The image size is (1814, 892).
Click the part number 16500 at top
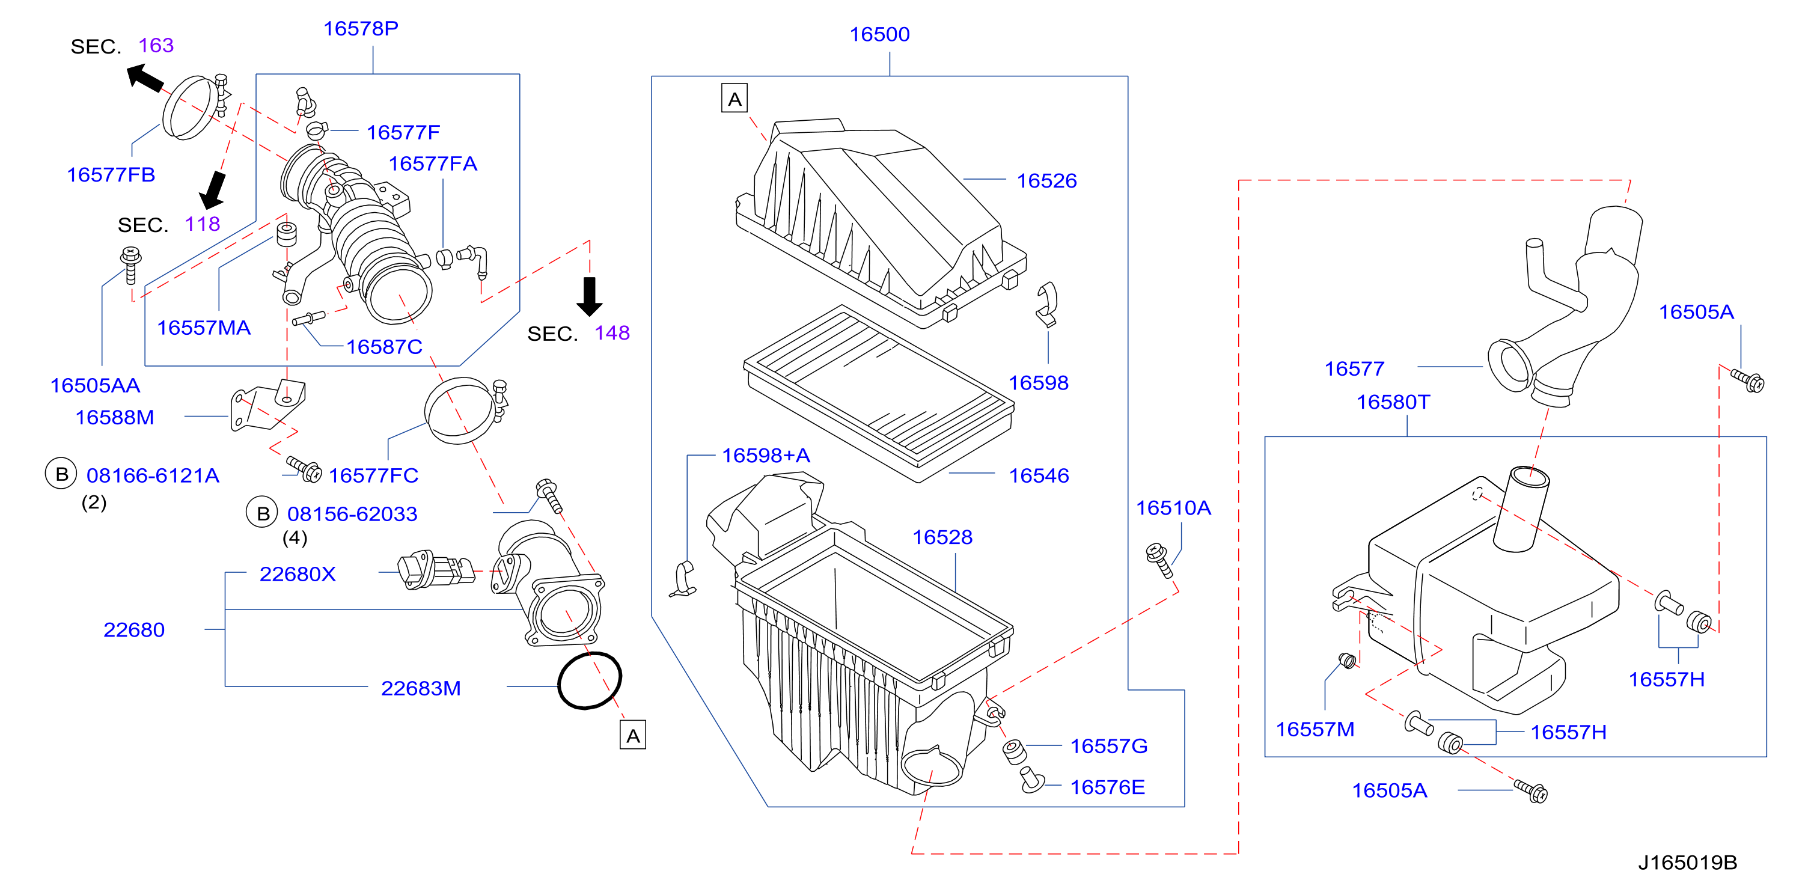click(x=879, y=34)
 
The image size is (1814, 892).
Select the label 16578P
click(x=361, y=28)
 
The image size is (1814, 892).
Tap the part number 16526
click(x=1046, y=181)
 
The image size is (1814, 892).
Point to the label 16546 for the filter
click(x=1039, y=476)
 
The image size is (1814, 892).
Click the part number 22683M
click(x=420, y=689)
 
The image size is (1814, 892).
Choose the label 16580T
click(x=1393, y=402)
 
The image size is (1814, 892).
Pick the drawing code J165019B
click(x=1687, y=863)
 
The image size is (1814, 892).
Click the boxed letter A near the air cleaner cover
click(x=734, y=99)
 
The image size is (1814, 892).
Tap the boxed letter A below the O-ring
click(x=632, y=736)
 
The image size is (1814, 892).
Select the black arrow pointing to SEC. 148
click(x=590, y=296)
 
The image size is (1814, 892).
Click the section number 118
click(x=202, y=224)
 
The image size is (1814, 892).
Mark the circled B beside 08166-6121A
click(x=61, y=474)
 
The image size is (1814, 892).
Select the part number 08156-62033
click(x=352, y=514)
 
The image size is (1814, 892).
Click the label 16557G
click(x=1108, y=747)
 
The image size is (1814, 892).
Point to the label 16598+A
click(x=766, y=456)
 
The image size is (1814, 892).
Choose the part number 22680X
click(x=297, y=575)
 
